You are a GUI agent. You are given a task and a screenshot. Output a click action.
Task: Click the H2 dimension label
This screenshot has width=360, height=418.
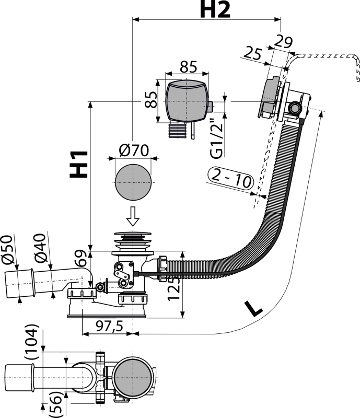(x=215, y=9)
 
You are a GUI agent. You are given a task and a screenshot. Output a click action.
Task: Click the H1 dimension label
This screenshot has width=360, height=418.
(x=79, y=165)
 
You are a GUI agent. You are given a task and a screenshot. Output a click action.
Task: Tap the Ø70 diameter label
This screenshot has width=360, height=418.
(x=134, y=150)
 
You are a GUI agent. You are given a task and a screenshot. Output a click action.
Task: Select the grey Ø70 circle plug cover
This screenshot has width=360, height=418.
(x=133, y=182)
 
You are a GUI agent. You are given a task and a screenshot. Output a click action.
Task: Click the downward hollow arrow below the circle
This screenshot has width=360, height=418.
(x=133, y=216)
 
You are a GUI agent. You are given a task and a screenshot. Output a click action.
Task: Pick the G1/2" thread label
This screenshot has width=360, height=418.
(x=216, y=138)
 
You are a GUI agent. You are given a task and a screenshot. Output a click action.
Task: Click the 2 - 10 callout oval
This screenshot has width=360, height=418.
(x=230, y=179)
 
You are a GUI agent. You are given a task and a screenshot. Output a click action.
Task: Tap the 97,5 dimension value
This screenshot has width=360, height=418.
(x=109, y=326)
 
